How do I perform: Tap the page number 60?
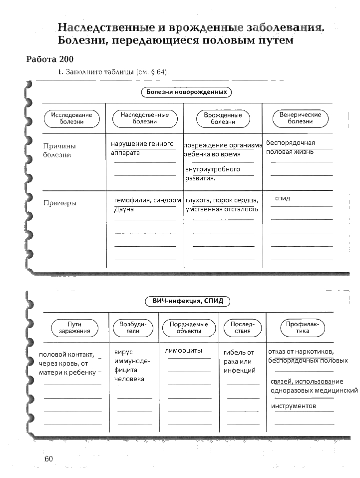pyautogui.click(x=48, y=459)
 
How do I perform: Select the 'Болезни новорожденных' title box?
pyautogui.click(x=186, y=92)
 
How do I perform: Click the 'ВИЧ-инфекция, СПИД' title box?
pyautogui.click(x=188, y=301)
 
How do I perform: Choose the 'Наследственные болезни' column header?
pyautogui.click(x=144, y=118)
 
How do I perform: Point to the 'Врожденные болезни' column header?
pyautogui.click(x=223, y=118)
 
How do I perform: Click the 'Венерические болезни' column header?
pyautogui.click(x=300, y=118)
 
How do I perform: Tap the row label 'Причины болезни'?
pyautogui.click(x=60, y=150)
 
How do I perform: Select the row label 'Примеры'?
pyautogui.click(x=60, y=203)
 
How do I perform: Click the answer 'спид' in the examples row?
pyautogui.click(x=283, y=198)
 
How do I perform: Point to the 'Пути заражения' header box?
pyautogui.click(x=74, y=328)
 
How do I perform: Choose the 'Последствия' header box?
pyautogui.click(x=242, y=328)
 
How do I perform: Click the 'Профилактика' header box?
pyautogui.click(x=302, y=328)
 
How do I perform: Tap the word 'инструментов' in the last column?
pyautogui.click(x=294, y=406)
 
